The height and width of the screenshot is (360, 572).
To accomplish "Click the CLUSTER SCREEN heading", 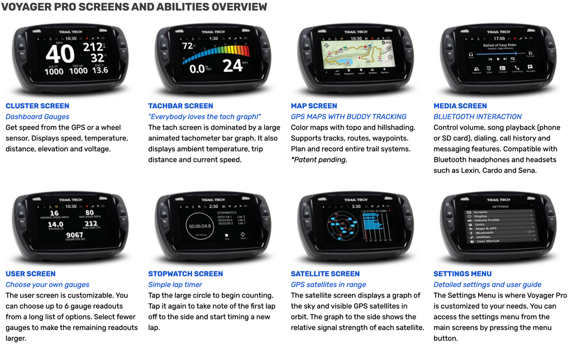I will click(37, 105).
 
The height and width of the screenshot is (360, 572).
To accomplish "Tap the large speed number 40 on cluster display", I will click(60, 54).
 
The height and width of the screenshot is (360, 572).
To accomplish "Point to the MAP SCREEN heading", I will click(314, 105).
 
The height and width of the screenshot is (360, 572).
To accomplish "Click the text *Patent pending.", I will click(319, 160).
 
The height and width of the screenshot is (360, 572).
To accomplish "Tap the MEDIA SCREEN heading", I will click(460, 105).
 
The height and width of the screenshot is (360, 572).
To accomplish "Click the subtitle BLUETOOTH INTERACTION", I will click(478, 117).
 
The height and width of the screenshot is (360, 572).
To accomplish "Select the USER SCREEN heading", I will click(31, 273).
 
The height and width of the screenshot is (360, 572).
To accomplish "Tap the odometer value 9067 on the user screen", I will click(74, 236).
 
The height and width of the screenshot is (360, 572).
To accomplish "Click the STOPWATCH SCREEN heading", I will click(185, 273).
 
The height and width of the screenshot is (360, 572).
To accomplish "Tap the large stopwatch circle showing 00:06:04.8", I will click(199, 226).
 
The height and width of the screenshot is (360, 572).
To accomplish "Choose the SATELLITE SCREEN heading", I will click(325, 273).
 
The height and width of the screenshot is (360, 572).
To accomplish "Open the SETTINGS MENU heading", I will click(463, 273).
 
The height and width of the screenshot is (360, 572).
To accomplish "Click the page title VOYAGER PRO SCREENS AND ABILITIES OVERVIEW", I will click(134, 7).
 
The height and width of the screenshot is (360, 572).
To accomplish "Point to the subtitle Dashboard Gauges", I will click(37, 117).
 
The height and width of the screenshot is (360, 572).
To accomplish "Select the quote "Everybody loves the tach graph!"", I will click(204, 117).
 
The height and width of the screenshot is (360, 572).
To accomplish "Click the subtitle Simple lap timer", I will click(176, 285).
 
